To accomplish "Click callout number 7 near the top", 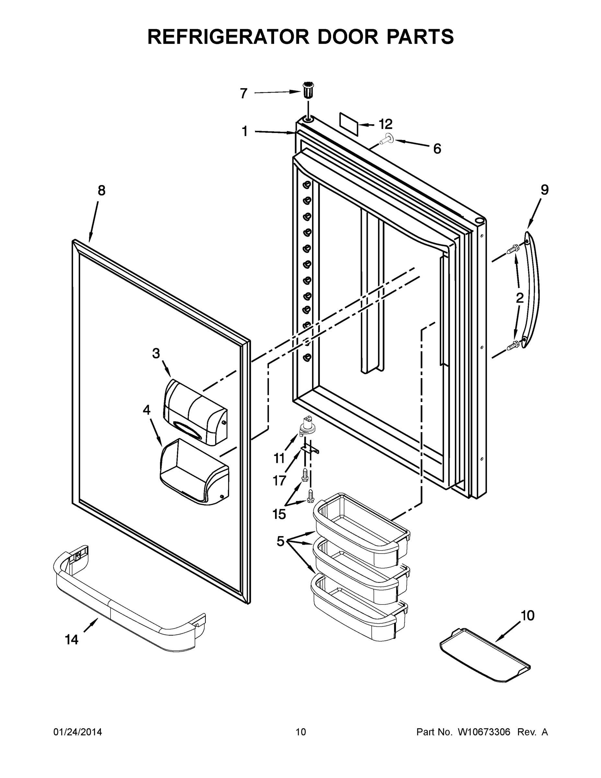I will pos(243,94).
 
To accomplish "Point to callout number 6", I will pos(437,149).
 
